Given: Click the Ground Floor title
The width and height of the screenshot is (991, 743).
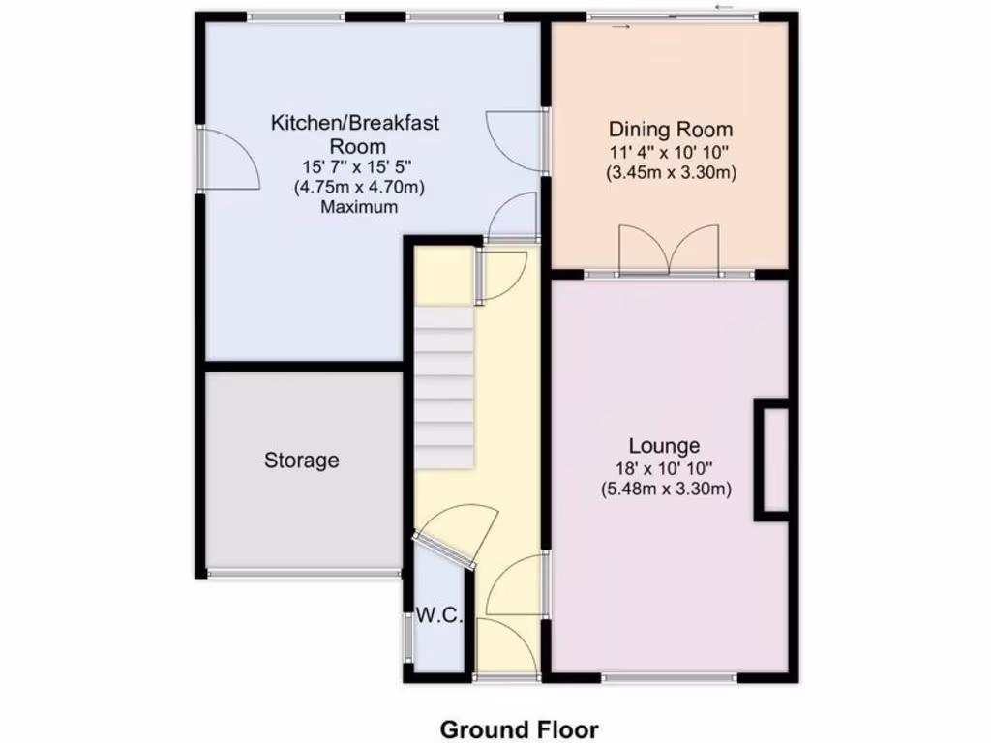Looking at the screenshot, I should (x=519, y=729).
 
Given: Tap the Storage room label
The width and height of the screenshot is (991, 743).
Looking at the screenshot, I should (x=302, y=461).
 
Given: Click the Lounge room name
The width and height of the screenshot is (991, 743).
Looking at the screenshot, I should (x=664, y=446).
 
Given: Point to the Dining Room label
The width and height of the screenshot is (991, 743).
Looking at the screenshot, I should (x=671, y=130).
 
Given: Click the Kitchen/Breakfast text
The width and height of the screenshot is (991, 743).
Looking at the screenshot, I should (x=356, y=123).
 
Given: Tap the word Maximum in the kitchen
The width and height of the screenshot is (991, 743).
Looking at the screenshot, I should (x=359, y=207).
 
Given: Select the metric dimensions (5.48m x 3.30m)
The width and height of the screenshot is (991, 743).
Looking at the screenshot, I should (x=665, y=490).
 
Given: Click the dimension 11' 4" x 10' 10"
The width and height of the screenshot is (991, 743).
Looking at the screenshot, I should (x=671, y=152).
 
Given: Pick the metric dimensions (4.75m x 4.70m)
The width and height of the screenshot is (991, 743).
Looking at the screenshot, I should (x=359, y=187).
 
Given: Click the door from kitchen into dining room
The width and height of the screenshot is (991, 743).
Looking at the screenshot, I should (x=513, y=141).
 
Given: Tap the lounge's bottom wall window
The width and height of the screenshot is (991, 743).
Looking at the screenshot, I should (x=668, y=678).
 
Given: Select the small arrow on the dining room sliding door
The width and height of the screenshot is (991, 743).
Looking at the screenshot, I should (x=620, y=27).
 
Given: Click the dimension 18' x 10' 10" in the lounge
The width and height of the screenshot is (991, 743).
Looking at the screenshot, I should (x=664, y=468).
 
